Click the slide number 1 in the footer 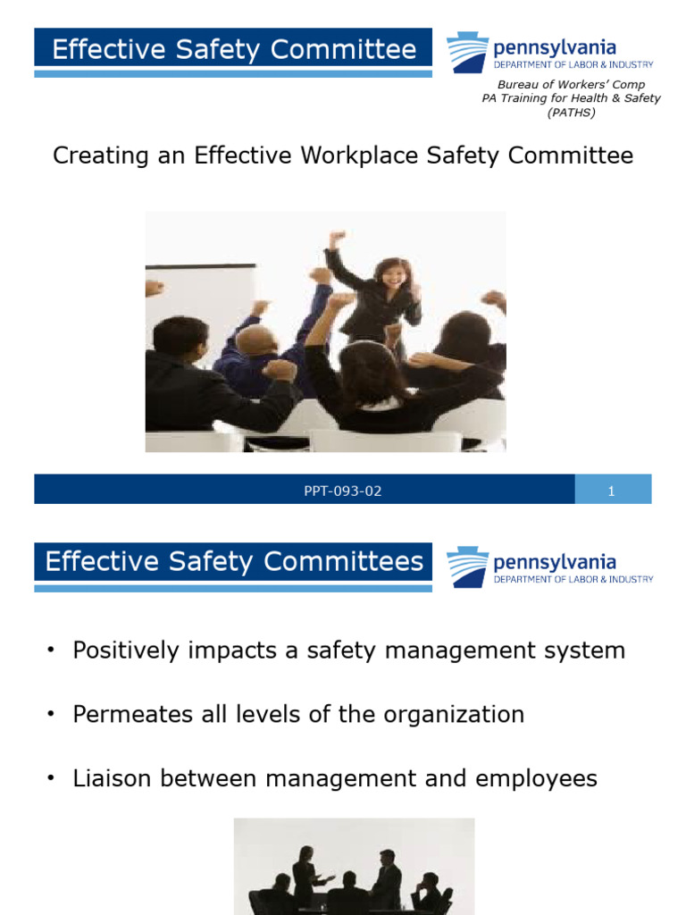tap(612, 491)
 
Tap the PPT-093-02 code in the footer tap(343, 491)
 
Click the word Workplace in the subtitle tap(353, 155)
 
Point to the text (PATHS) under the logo tap(571, 112)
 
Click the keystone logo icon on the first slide tap(467, 52)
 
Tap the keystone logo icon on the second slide tap(467, 567)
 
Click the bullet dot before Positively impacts tap(51, 651)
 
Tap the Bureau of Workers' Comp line tap(571, 85)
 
